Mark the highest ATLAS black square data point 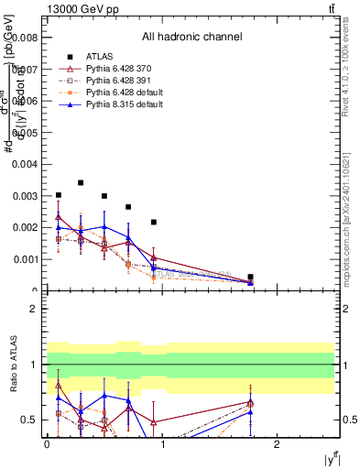(81, 182)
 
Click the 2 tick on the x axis (277, 444)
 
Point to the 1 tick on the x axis (162, 444)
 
